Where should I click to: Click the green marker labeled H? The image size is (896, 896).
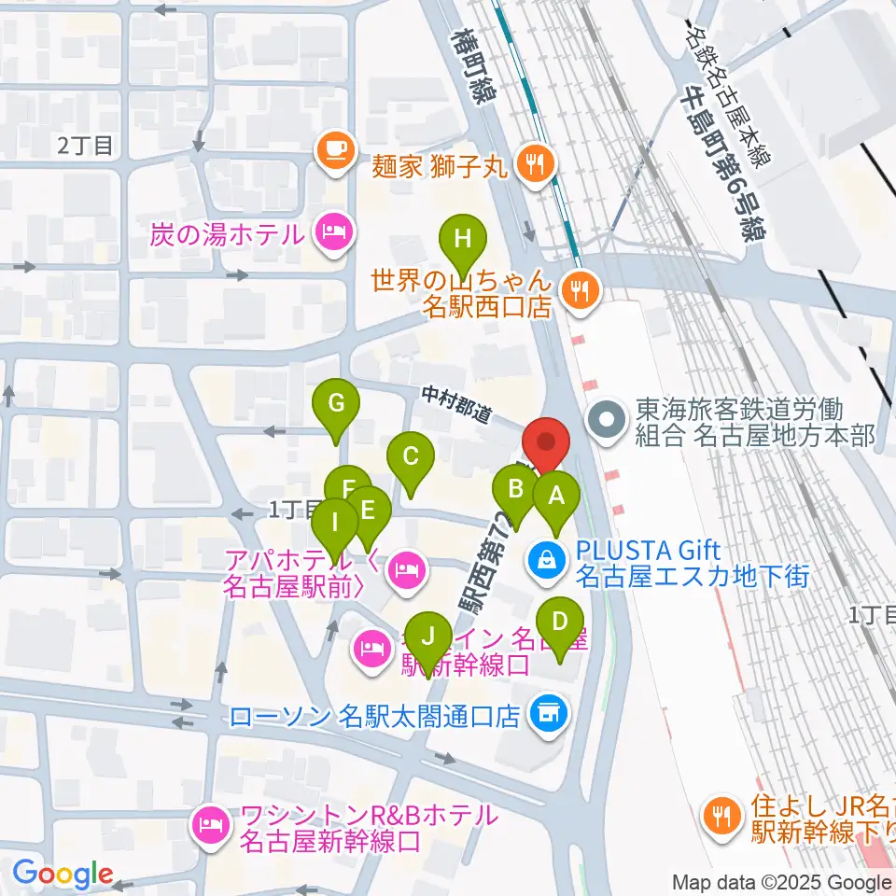pyautogui.click(x=462, y=238)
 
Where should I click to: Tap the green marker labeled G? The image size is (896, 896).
pyautogui.click(x=337, y=403)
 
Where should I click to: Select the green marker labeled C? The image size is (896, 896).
pyautogui.click(x=410, y=456)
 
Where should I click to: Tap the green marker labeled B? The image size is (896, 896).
pyautogui.click(x=514, y=488)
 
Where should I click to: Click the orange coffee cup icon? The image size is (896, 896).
pyautogui.click(x=334, y=148)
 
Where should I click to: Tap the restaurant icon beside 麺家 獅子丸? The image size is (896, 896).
pyautogui.click(x=535, y=166)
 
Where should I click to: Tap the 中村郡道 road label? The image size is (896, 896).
pyautogui.click(x=455, y=407)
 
